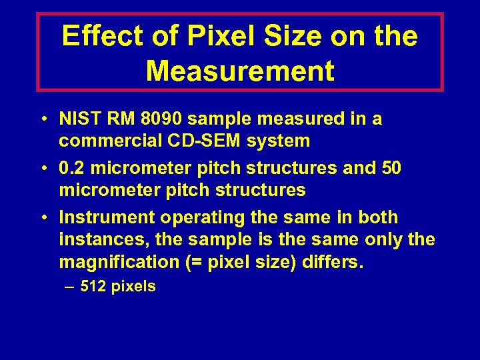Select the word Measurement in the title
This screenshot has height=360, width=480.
point(240,71)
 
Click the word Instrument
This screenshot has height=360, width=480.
point(102,217)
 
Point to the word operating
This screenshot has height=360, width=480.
point(190,218)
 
